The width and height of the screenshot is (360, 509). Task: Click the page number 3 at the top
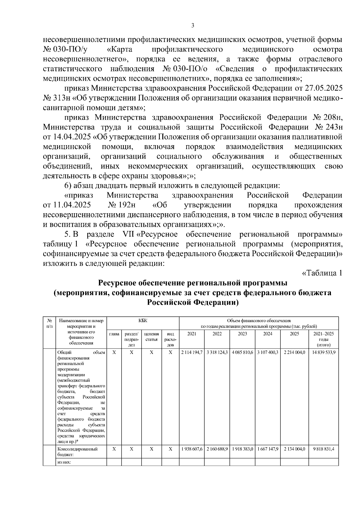click(193, 26)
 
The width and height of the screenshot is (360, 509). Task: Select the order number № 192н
click(121, 205)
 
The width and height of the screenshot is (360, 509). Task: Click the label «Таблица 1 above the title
click(322, 273)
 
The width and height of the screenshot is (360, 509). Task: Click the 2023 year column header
click(242, 334)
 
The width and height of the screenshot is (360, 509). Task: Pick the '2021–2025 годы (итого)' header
click(323, 339)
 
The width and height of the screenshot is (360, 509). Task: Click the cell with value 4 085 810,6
click(242, 352)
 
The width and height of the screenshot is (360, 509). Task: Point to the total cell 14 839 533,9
click(323, 352)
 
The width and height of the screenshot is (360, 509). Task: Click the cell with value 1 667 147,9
click(268, 449)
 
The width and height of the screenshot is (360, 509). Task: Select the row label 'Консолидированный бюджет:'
click(77, 451)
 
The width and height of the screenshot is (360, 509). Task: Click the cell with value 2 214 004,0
click(294, 352)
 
